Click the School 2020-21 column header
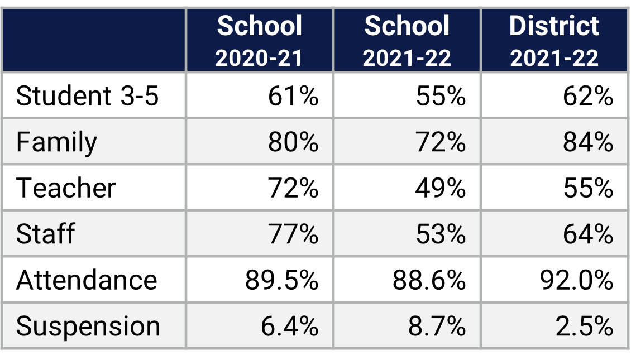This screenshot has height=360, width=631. click(x=259, y=41)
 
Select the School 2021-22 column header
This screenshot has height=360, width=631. click(x=407, y=41)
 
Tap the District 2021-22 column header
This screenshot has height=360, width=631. click(x=554, y=41)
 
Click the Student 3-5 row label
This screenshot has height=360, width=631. click(x=88, y=96)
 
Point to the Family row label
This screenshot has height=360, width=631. click(x=56, y=142)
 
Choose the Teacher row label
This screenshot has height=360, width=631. click(x=66, y=188)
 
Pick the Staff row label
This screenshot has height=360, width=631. click(x=45, y=234)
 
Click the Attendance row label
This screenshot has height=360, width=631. click(x=87, y=280)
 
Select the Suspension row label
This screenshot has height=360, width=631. click(x=88, y=326)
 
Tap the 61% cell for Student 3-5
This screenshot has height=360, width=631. click(x=293, y=96)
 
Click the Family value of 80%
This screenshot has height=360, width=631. click(x=293, y=142)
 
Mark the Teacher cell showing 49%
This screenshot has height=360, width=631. click(x=440, y=188)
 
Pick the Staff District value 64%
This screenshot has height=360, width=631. click(x=587, y=234)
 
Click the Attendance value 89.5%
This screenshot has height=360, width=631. click(x=281, y=280)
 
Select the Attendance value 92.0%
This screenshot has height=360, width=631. click(x=576, y=280)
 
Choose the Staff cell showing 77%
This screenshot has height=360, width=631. click(x=293, y=234)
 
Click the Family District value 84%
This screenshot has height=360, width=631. click(x=587, y=142)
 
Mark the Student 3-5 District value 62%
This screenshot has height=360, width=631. click(x=587, y=96)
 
